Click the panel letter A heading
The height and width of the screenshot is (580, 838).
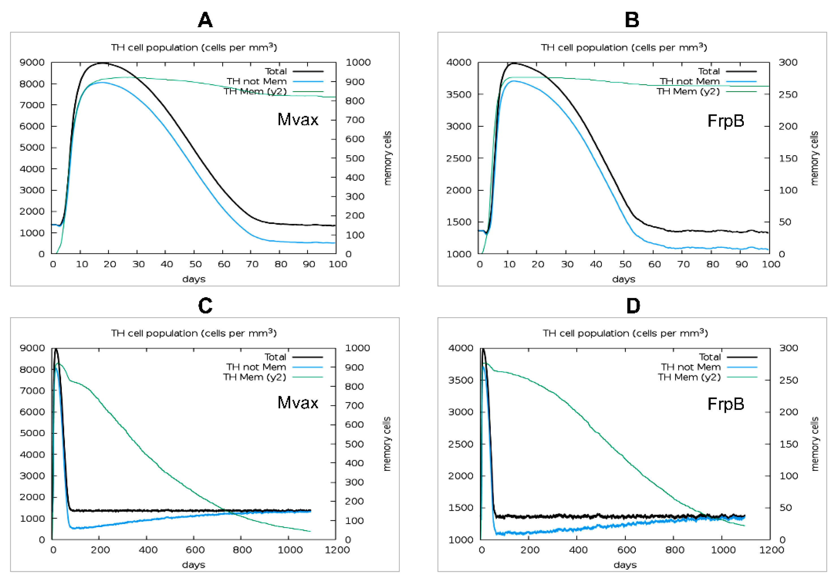pos(205,20)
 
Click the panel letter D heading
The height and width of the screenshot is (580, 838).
pos(633,306)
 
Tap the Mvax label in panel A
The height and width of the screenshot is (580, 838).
pos(298,120)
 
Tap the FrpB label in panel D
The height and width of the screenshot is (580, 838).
pos(725,404)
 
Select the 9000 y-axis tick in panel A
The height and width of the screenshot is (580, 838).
pos(32,62)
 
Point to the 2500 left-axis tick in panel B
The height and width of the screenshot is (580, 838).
pos(459,158)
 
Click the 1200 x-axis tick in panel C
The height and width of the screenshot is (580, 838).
pos(337,549)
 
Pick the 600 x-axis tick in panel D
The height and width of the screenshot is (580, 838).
pos(626,549)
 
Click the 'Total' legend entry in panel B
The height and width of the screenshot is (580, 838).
pos(709,71)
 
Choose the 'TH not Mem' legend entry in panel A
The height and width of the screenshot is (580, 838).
pos(257,81)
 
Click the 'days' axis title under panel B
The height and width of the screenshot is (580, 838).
pos(623,279)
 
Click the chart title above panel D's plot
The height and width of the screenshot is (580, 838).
pos(625,333)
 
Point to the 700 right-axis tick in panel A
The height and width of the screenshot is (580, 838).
pos(355,120)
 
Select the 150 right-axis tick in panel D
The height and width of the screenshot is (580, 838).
pos(789,444)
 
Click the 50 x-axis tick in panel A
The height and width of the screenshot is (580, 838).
pos(195,264)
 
